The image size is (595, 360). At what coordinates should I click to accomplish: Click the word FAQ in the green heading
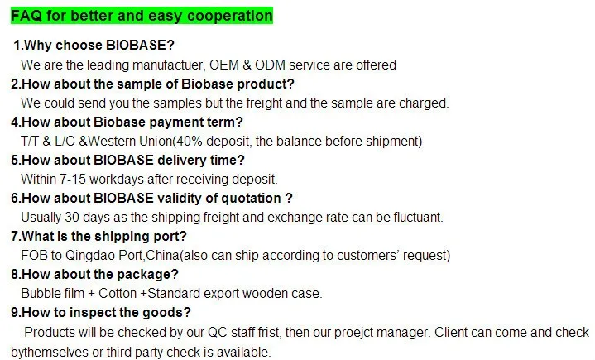[x=25, y=16]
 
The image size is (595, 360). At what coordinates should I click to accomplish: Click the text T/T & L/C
[x=49, y=142]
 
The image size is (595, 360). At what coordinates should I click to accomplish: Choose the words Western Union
[x=126, y=142]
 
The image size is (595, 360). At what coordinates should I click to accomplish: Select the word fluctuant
[x=415, y=218]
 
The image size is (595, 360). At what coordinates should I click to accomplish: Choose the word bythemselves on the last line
[x=51, y=352]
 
